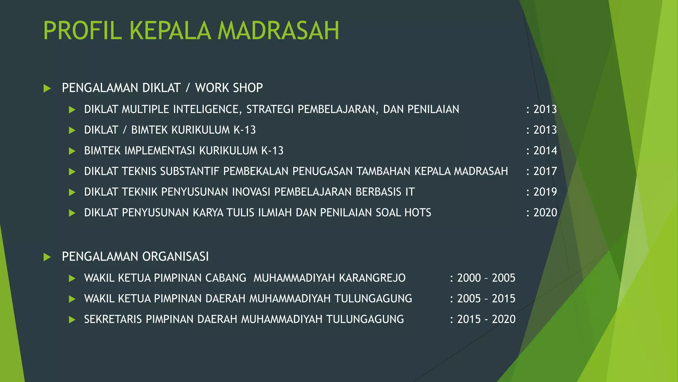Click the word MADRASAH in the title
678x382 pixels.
[x=278, y=31]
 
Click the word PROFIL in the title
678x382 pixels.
[x=83, y=31]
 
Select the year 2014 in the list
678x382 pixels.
[x=545, y=151]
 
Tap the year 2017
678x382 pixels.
[x=545, y=171]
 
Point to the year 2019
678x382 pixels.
[x=545, y=192]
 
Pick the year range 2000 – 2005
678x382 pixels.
[x=486, y=278]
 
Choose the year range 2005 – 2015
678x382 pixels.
[x=486, y=298]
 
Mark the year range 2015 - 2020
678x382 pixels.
[x=486, y=319]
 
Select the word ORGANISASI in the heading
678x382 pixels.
[x=175, y=256]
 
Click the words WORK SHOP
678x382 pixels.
[x=229, y=88]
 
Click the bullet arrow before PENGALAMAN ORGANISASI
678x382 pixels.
[x=47, y=257]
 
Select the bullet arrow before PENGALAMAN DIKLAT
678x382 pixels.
[x=47, y=89]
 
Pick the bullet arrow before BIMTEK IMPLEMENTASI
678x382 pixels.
[x=72, y=151]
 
